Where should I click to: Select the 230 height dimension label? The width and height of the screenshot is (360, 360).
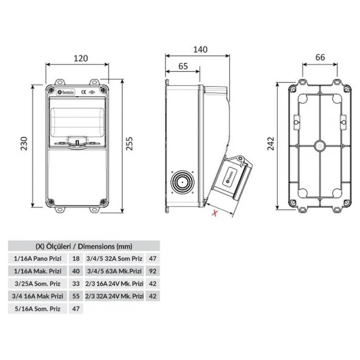[24, 144]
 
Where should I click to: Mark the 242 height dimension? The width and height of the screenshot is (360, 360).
[270, 144]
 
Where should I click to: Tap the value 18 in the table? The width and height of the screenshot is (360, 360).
[76, 258]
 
